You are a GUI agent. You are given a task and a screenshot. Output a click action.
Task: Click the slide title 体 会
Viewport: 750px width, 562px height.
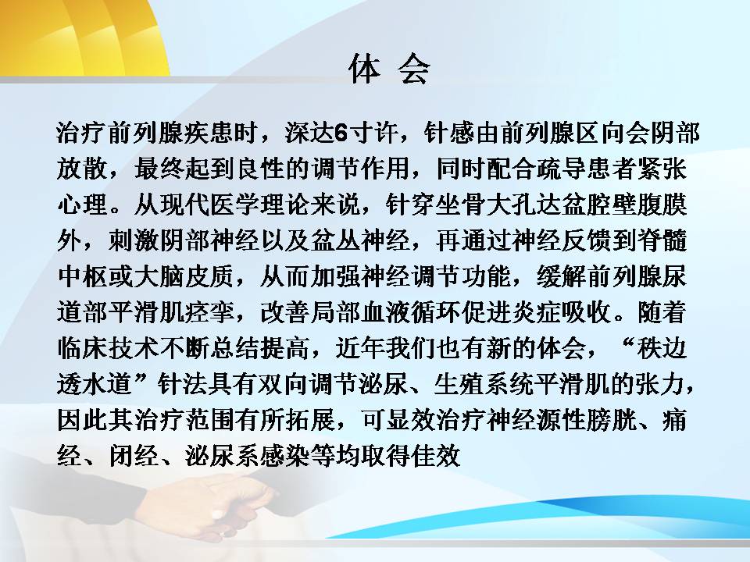(389, 69)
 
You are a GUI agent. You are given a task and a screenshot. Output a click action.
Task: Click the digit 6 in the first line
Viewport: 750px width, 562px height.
(340, 133)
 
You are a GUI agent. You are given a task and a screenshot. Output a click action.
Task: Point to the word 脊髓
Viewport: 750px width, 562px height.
(662, 240)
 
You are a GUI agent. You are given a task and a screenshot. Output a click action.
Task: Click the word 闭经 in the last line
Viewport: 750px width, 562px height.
(134, 455)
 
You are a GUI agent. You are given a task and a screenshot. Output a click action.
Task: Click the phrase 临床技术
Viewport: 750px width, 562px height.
(108, 348)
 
